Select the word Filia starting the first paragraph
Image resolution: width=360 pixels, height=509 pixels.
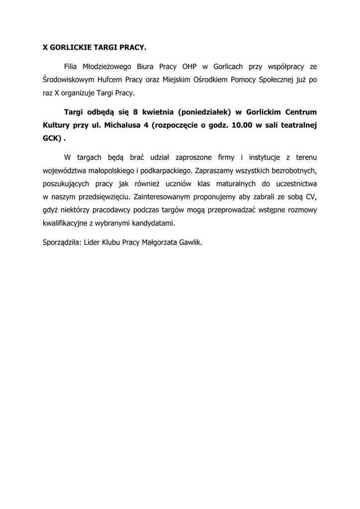[x=72, y=66]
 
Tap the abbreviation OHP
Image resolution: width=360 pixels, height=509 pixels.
[x=189, y=66]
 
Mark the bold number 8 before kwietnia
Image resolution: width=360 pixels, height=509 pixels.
[x=136, y=112]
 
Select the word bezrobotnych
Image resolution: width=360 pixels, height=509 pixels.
[x=292, y=170]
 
